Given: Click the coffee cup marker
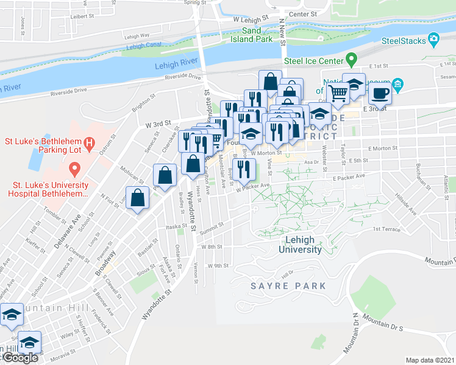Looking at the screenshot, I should click(x=380, y=94).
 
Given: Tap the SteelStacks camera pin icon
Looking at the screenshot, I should click(x=434, y=40).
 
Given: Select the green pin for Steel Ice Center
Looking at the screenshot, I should click(x=351, y=60).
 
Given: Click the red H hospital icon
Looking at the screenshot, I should click(x=89, y=144).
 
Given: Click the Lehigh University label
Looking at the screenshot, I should click(x=300, y=245).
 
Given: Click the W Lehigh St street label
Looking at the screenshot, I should click(x=251, y=19).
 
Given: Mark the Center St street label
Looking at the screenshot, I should click(x=303, y=13).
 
